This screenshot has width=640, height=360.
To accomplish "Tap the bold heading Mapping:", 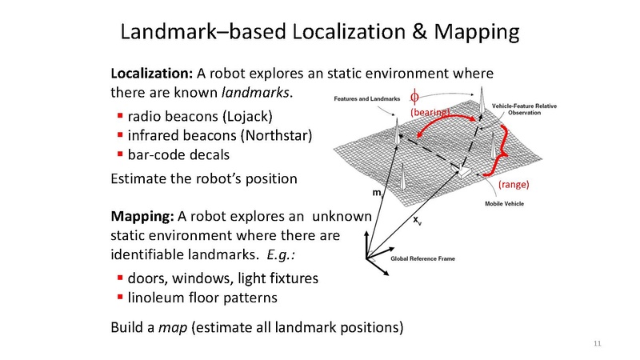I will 141,217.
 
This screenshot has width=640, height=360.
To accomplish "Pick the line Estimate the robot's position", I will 203,178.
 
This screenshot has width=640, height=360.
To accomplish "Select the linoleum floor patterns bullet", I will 202,298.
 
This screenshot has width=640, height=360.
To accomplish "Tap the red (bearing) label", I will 429,113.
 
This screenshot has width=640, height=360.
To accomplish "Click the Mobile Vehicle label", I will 506,204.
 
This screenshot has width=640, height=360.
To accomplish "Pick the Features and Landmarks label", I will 364,99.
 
